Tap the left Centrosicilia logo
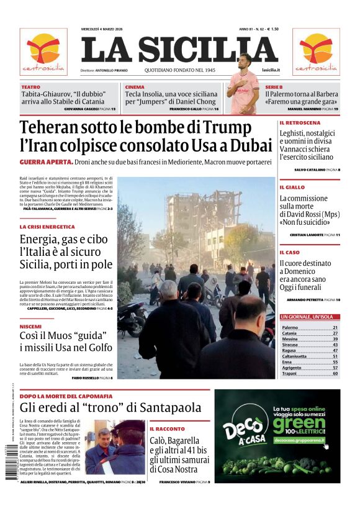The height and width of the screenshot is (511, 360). point(43,52)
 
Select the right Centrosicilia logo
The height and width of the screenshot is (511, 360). point(316,52)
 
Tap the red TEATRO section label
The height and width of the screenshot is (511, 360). point(30,87)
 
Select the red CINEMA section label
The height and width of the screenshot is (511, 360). point(135,87)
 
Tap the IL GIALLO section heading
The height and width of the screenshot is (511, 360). point(292,187)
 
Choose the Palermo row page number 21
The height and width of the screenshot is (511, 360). point(335,327)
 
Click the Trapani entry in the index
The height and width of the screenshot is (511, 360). point(290,373)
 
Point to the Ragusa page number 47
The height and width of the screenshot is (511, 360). point(335,350)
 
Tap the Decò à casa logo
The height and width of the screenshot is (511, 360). point(245,432)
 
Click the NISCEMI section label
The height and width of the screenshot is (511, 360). point(30,327)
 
